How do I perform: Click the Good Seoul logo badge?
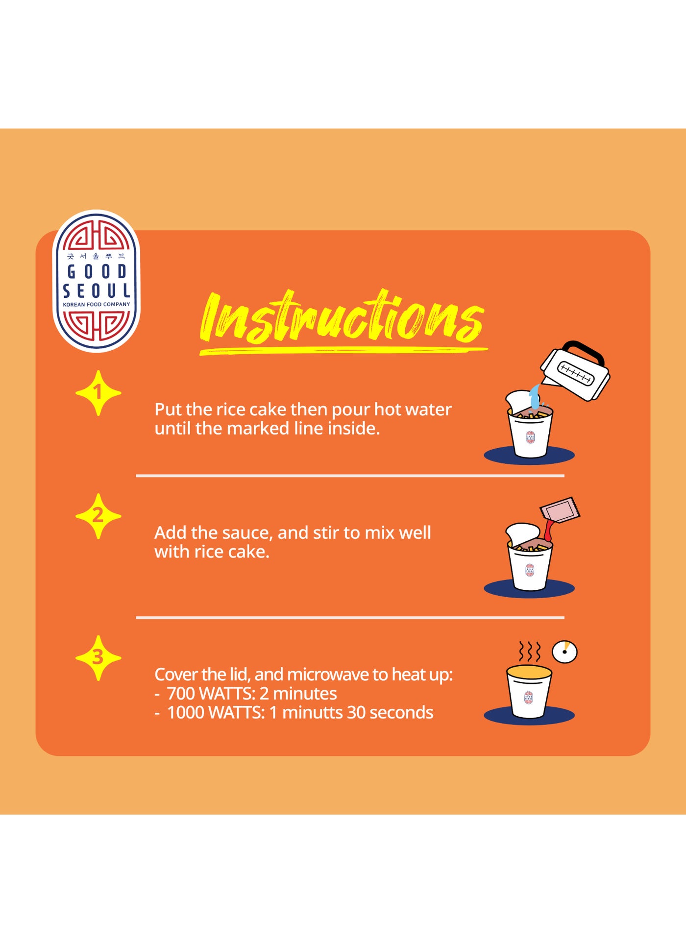pos(96,281)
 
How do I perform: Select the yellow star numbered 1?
pos(98,393)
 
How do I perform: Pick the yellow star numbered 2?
pos(98,516)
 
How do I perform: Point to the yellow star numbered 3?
pos(98,658)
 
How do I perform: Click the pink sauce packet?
pos(560,510)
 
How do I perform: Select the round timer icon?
pos(564,652)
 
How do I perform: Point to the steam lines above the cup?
pos(530,652)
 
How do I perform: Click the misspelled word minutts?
pos(312,712)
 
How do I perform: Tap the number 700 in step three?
pos(181,694)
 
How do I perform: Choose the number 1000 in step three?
pos(186,713)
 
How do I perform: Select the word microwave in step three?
pos(328,675)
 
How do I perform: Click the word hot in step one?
pos(388,409)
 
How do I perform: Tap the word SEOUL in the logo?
pos(97,291)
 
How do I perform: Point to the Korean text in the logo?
pos(96,256)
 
